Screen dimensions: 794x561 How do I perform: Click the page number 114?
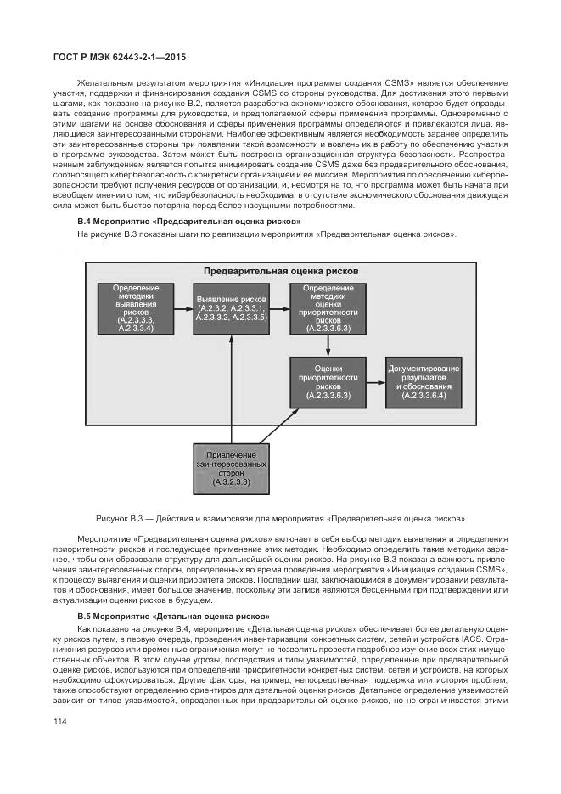coord(60,722)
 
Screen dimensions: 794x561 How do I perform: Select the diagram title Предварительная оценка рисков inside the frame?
coord(280,271)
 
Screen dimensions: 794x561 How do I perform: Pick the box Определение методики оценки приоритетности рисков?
coord(328,307)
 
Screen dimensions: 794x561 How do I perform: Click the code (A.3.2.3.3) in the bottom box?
coord(231,483)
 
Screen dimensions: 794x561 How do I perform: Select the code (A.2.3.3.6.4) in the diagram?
coord(424,396)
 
